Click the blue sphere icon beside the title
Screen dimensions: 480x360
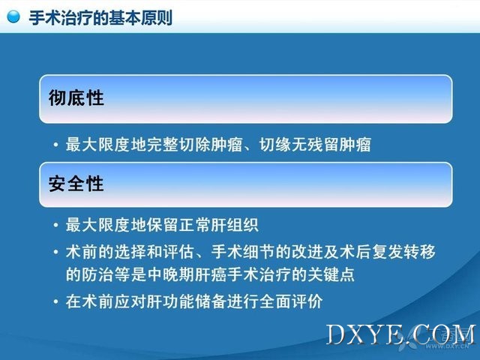coord(13,16)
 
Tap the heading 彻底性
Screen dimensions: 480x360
coord(76,98)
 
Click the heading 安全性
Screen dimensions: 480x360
coord(76,184)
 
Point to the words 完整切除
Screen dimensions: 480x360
coord(178,145)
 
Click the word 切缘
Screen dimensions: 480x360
coord(275,145)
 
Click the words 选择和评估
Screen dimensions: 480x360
coord(154,252)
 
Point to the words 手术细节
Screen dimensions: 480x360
coord(243,252)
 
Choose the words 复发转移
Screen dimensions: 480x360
coord(403,252)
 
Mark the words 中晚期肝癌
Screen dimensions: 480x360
coord(187,274)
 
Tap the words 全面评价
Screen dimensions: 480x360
coord(291,301)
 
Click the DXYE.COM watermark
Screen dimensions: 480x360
coord(402,334)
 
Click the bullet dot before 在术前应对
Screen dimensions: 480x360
coord(55,301)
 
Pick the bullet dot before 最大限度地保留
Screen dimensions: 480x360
coord(55,225)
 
